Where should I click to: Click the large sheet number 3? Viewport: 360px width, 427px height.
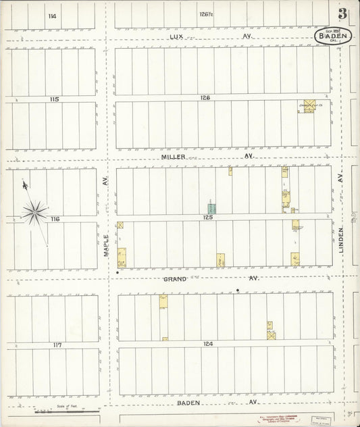click(343, 14)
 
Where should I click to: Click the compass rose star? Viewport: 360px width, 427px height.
click(34, 212)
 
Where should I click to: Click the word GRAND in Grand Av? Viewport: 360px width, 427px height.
click(174, 278)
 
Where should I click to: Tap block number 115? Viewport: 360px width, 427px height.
click(54, 99)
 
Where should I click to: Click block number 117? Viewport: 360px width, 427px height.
click(57, 345)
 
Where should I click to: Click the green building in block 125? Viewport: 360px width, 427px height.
click(212, 208)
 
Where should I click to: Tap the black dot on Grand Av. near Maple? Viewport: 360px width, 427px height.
click(118, 273)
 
